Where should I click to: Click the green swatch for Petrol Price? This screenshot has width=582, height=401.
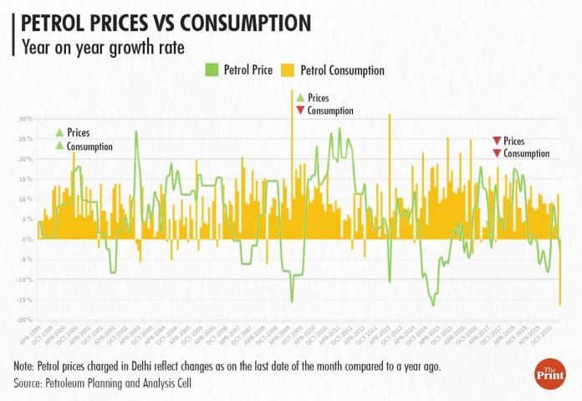209,69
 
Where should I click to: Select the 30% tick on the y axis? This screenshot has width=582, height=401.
25,119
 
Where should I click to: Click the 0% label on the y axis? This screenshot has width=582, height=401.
27,239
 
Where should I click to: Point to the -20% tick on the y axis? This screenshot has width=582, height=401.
24,320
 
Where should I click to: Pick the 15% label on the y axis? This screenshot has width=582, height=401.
25,179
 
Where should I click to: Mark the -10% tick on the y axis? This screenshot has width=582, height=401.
24,280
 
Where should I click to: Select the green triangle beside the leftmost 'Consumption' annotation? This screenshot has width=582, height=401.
59,147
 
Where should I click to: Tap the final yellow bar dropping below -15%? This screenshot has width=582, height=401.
559,285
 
